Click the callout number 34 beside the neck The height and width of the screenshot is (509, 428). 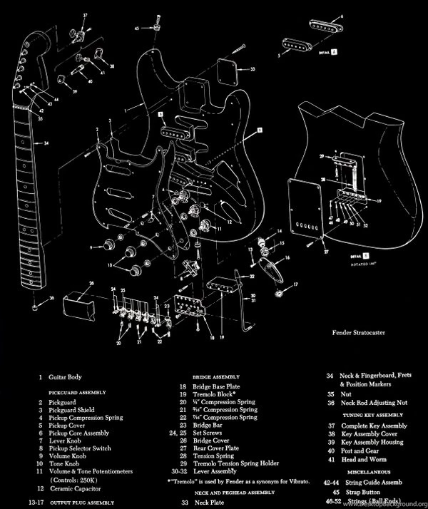[x=46, y=144]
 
